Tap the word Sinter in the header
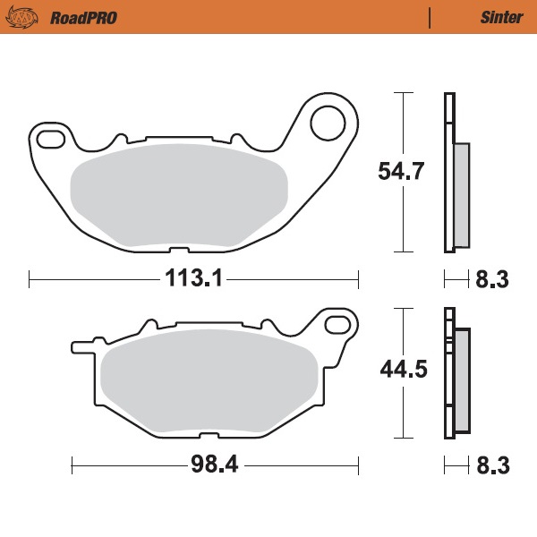coord(496,17)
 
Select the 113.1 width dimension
coord(192,279)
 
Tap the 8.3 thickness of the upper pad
coord(491,280)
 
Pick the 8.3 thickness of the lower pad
coord(491,465)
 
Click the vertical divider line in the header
coord(430,17)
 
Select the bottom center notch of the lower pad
coord(207,436)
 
